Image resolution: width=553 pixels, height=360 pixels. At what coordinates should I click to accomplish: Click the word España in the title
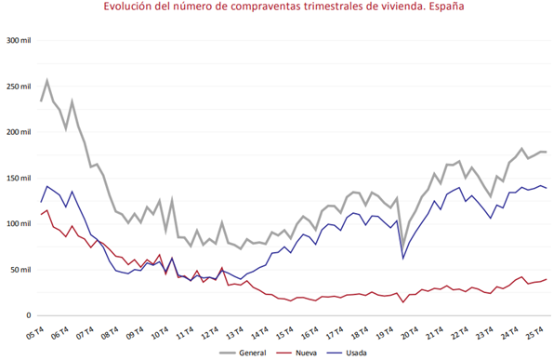(446, 7)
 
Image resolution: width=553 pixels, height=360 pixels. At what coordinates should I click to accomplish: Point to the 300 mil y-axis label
(19, 41)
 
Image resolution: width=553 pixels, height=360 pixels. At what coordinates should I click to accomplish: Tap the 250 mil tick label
(19, 87)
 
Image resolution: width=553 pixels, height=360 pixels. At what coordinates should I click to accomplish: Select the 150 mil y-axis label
(19, 178)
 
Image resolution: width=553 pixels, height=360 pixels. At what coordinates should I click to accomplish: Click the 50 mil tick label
(20, 270)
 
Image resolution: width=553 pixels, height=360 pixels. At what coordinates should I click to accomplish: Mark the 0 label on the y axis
(29, 315)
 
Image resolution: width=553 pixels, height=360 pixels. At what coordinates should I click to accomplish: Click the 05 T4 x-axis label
(34, 333)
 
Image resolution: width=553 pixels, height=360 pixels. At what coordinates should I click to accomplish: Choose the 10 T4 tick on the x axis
(161, 333)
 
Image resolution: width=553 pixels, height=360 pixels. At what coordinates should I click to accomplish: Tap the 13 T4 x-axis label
(235, 333)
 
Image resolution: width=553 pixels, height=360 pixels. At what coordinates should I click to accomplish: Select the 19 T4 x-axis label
(385, 333)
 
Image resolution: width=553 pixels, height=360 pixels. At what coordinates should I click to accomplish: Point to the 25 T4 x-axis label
(534, 333)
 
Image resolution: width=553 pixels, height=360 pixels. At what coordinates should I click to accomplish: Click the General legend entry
(243, 353)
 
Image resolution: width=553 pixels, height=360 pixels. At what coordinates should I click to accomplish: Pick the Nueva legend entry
(296, 353)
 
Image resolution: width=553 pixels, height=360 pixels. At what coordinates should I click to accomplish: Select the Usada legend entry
(347, 353)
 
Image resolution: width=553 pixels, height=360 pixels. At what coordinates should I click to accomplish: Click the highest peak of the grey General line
(46, 81)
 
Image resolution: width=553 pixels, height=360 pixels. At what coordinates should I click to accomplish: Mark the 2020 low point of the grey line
(402, 246)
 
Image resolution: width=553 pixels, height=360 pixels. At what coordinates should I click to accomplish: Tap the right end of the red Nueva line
(546, 279)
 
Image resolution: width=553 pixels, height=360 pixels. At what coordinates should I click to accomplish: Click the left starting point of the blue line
(41, 202)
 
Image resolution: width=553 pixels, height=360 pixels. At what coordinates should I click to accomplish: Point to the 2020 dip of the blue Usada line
(402, 259)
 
